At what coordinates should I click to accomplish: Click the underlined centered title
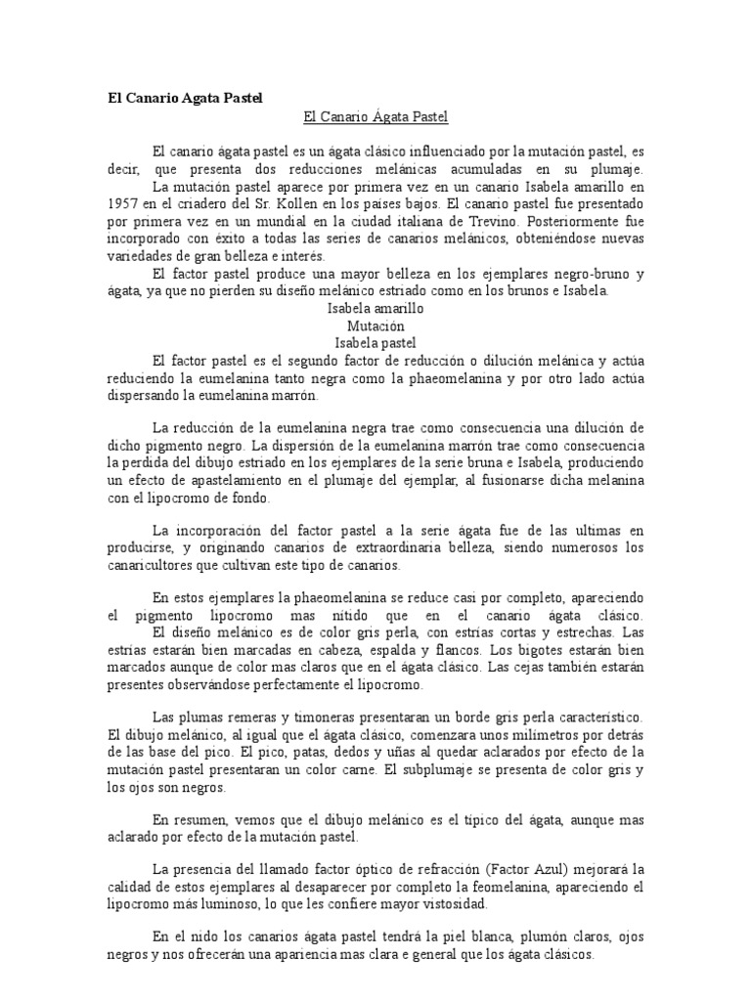point(375,117)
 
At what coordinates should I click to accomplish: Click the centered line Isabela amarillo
point(375,308)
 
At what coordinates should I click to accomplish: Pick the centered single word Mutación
point(375,326)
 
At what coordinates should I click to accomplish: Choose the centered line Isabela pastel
point(375,343)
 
